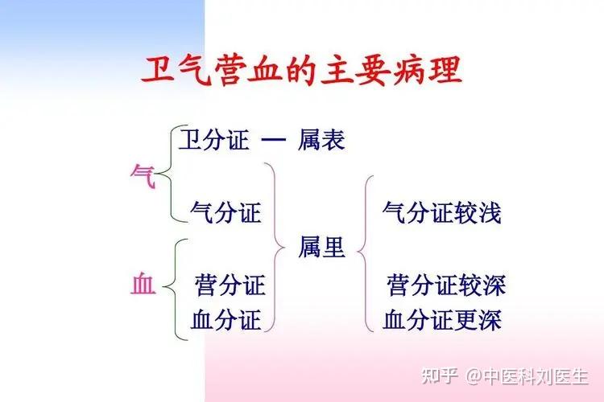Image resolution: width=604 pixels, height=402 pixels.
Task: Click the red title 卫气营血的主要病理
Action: pyautogui.click(x=302, y=72)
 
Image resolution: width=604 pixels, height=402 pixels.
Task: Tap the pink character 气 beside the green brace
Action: pyautogui.click(x=143, y=177)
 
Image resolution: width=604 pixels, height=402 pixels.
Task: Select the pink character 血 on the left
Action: pyautogui.click(x=143, y=284)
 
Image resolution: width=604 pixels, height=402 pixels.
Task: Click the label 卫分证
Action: pyautogui.click(x=213, y=139)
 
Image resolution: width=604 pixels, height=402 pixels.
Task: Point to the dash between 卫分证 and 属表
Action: pyautogui.click(x=274, y=140)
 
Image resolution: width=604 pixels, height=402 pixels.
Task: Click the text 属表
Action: pyautogui.click(x=321, y=139)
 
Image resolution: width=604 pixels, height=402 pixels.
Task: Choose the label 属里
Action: pyautogui.click(x=321, y=247)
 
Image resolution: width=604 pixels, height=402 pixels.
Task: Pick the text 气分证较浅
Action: pyautogui.click(x=442, y=212)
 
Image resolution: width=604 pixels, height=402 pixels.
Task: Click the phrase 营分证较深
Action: pyautogui.click(x=446, y=285)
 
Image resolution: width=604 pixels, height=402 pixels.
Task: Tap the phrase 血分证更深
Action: pyautogui.click(x=442, y=320)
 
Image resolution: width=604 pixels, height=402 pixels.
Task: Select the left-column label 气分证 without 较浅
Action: pyautogui.click(x=225, y=212)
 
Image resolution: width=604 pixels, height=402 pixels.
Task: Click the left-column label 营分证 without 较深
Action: pyautogui.click(x=230, y=285)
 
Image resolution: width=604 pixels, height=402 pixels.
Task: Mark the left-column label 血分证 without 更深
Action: pyautogui.click(x=225, y=320)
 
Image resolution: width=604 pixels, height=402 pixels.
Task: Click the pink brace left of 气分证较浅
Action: pyautogui.click(x=365, y=252)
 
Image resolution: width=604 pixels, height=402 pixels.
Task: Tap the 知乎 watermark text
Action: pyautogui.click(x=440, y=376)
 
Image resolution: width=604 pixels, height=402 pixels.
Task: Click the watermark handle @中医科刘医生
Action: pyautogui.click(x=527, y=376)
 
